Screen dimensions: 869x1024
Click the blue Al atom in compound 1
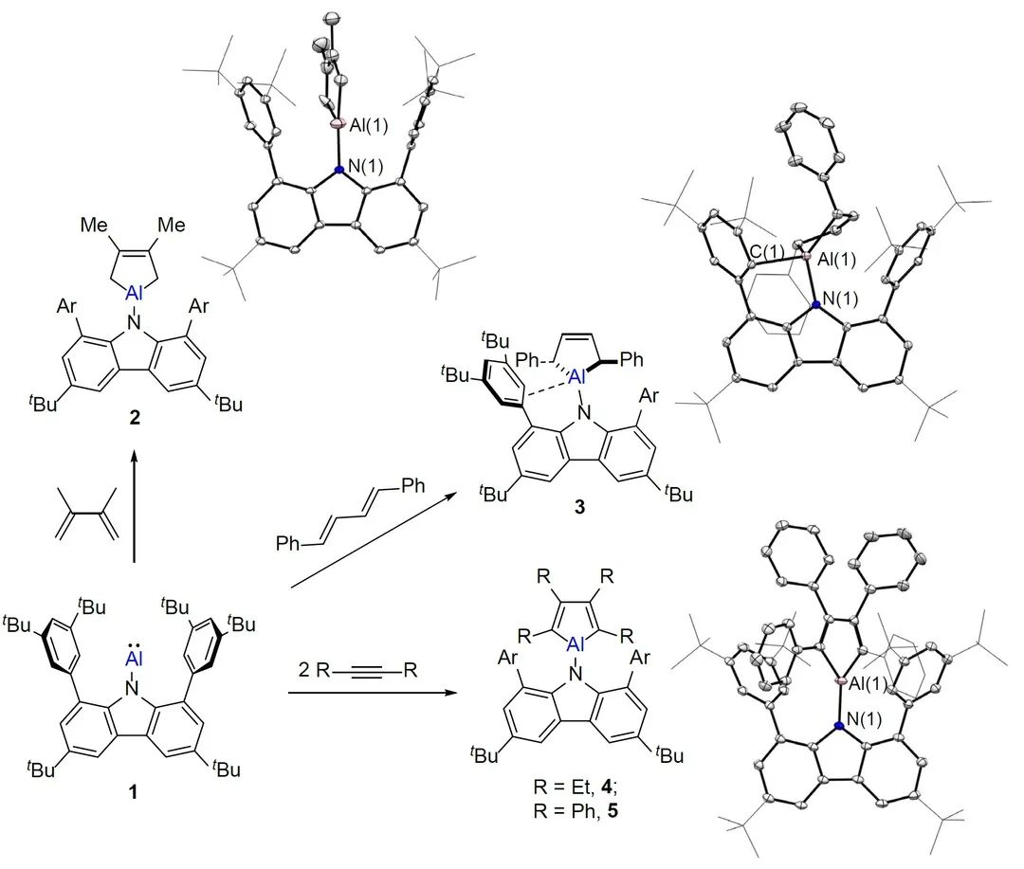[x=134, y=660]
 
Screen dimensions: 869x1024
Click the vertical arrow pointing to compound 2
[x=134, y=506]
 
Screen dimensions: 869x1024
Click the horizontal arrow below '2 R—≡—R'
[x=371, y=693]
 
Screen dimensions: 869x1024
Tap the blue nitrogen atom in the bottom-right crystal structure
[x=838, y=726]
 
